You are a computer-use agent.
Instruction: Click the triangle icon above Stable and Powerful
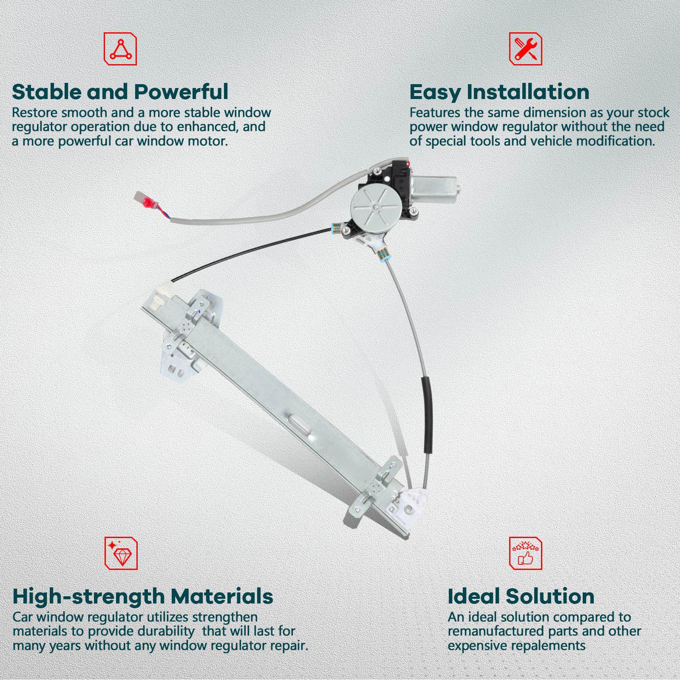tap(120, 49)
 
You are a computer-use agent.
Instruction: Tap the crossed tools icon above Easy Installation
tap(526, 49)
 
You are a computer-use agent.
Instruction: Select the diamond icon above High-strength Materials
tap(121, 553)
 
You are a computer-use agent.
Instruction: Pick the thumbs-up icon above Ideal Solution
tap(526, 553)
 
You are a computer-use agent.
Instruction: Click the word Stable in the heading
tap(47, 92)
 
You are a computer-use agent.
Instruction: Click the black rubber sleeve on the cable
tap(427, 414)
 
